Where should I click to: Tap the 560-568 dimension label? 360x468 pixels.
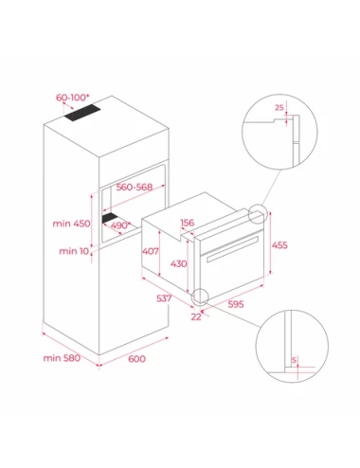pyautogui.click(x=133, y=189)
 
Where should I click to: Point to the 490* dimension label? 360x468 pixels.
pyautogui.click(x=121, y=225)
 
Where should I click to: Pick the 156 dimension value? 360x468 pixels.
pyautogui.click(x=187, y=224)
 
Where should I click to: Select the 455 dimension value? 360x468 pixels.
pyautogui.click(x=280, y=244)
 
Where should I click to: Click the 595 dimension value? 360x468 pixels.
pyautogui.click(x=239, y=305)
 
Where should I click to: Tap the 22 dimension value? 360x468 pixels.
pyautogui.click(x=195, y=316)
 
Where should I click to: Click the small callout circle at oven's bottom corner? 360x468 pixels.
pyautogui.click(x=200, y=297)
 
